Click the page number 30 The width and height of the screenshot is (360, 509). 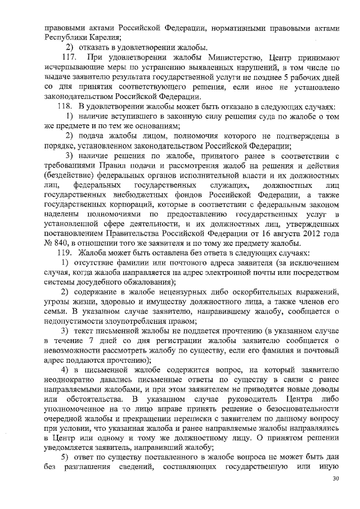tap(336, 478)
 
